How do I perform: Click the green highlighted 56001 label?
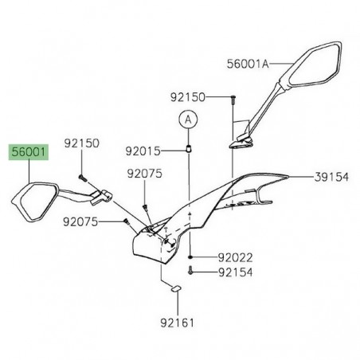28,150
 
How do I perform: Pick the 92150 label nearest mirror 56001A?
188,97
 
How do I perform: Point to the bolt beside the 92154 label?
192,272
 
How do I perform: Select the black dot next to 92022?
191,259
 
